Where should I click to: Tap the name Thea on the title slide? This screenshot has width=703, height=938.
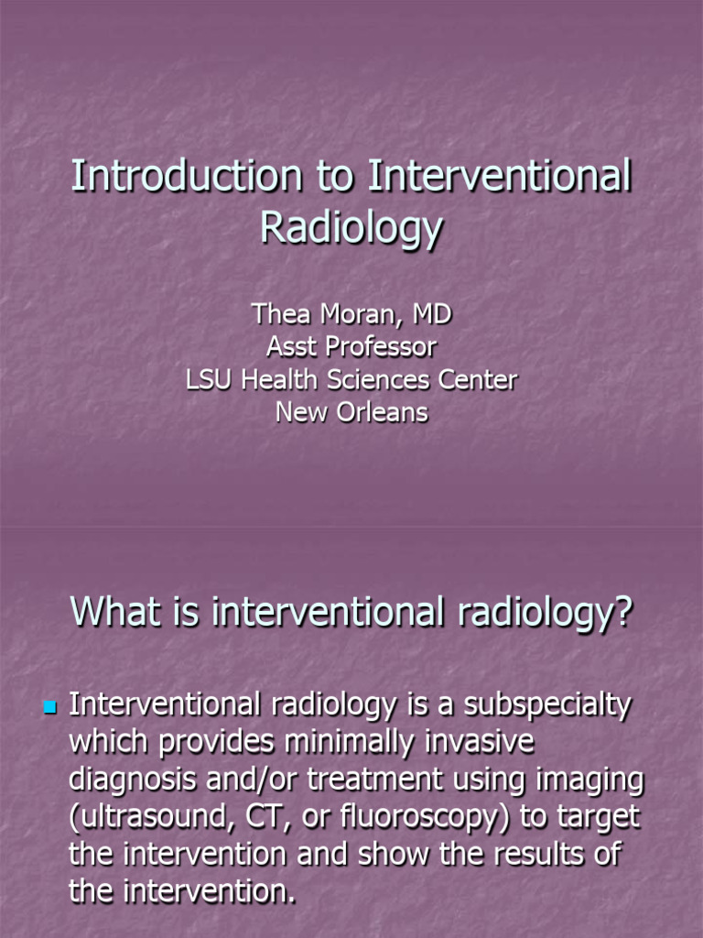[x=282, y=314]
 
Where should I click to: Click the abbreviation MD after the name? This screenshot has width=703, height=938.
[x=432, y=314]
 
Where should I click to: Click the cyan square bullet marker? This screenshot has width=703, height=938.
[x=49, y=707]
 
